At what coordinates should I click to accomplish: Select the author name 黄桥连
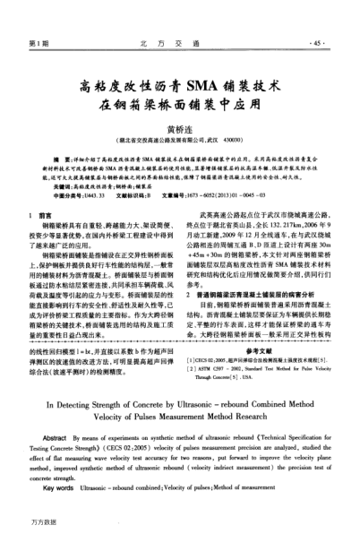click(x=179, y=129)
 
